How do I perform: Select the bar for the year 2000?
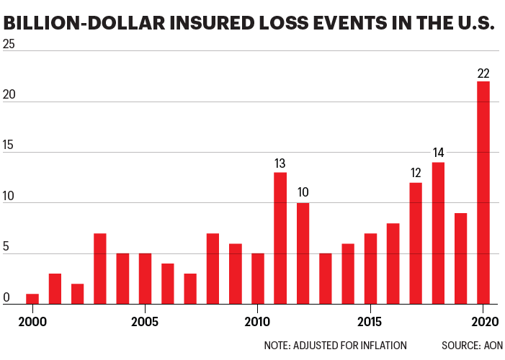[x=32, y=299]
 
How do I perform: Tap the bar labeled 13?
[x=280, y=238]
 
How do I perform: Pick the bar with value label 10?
[x=303, y=253]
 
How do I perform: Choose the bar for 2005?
[x=145, y=279]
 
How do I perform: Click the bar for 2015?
[x=370, y=269]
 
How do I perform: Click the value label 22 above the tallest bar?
[x=483, y=73]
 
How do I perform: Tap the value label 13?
[x=280, y=164]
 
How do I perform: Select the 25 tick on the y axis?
[x=9, y=44]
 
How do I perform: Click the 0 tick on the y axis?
[x=6, y=297]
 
